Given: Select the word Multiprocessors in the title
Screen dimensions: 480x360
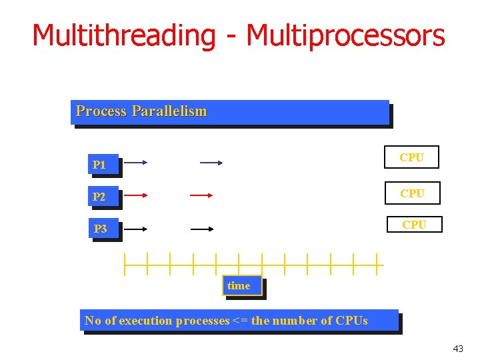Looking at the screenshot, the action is (x=345, y=35).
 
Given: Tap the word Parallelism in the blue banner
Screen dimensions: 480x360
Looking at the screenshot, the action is (x=169, y=111).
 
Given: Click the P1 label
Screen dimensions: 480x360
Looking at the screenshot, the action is (x=100, y=165).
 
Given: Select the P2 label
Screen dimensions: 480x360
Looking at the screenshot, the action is (x=100, y=197).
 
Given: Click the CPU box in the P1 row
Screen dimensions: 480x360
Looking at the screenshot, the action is (x=411, y=158).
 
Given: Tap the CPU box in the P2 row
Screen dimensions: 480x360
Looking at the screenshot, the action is (x=412, y=193).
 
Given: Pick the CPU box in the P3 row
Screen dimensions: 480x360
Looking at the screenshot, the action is (x=414, y=225).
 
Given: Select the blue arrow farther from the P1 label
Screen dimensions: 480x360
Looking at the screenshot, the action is (x=211, y=162).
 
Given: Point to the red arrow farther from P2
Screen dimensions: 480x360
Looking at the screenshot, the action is (x=201, y=195).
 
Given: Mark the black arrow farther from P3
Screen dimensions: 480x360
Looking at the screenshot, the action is (x=202, y=229).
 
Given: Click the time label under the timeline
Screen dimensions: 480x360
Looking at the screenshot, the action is (x=239, y=286).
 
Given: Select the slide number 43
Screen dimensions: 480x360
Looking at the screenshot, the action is (x=458, y=349).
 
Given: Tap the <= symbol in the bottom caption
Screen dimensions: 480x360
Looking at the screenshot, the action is (x=240, y=321).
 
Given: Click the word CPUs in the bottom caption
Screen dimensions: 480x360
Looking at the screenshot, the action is (x=352, y=321).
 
